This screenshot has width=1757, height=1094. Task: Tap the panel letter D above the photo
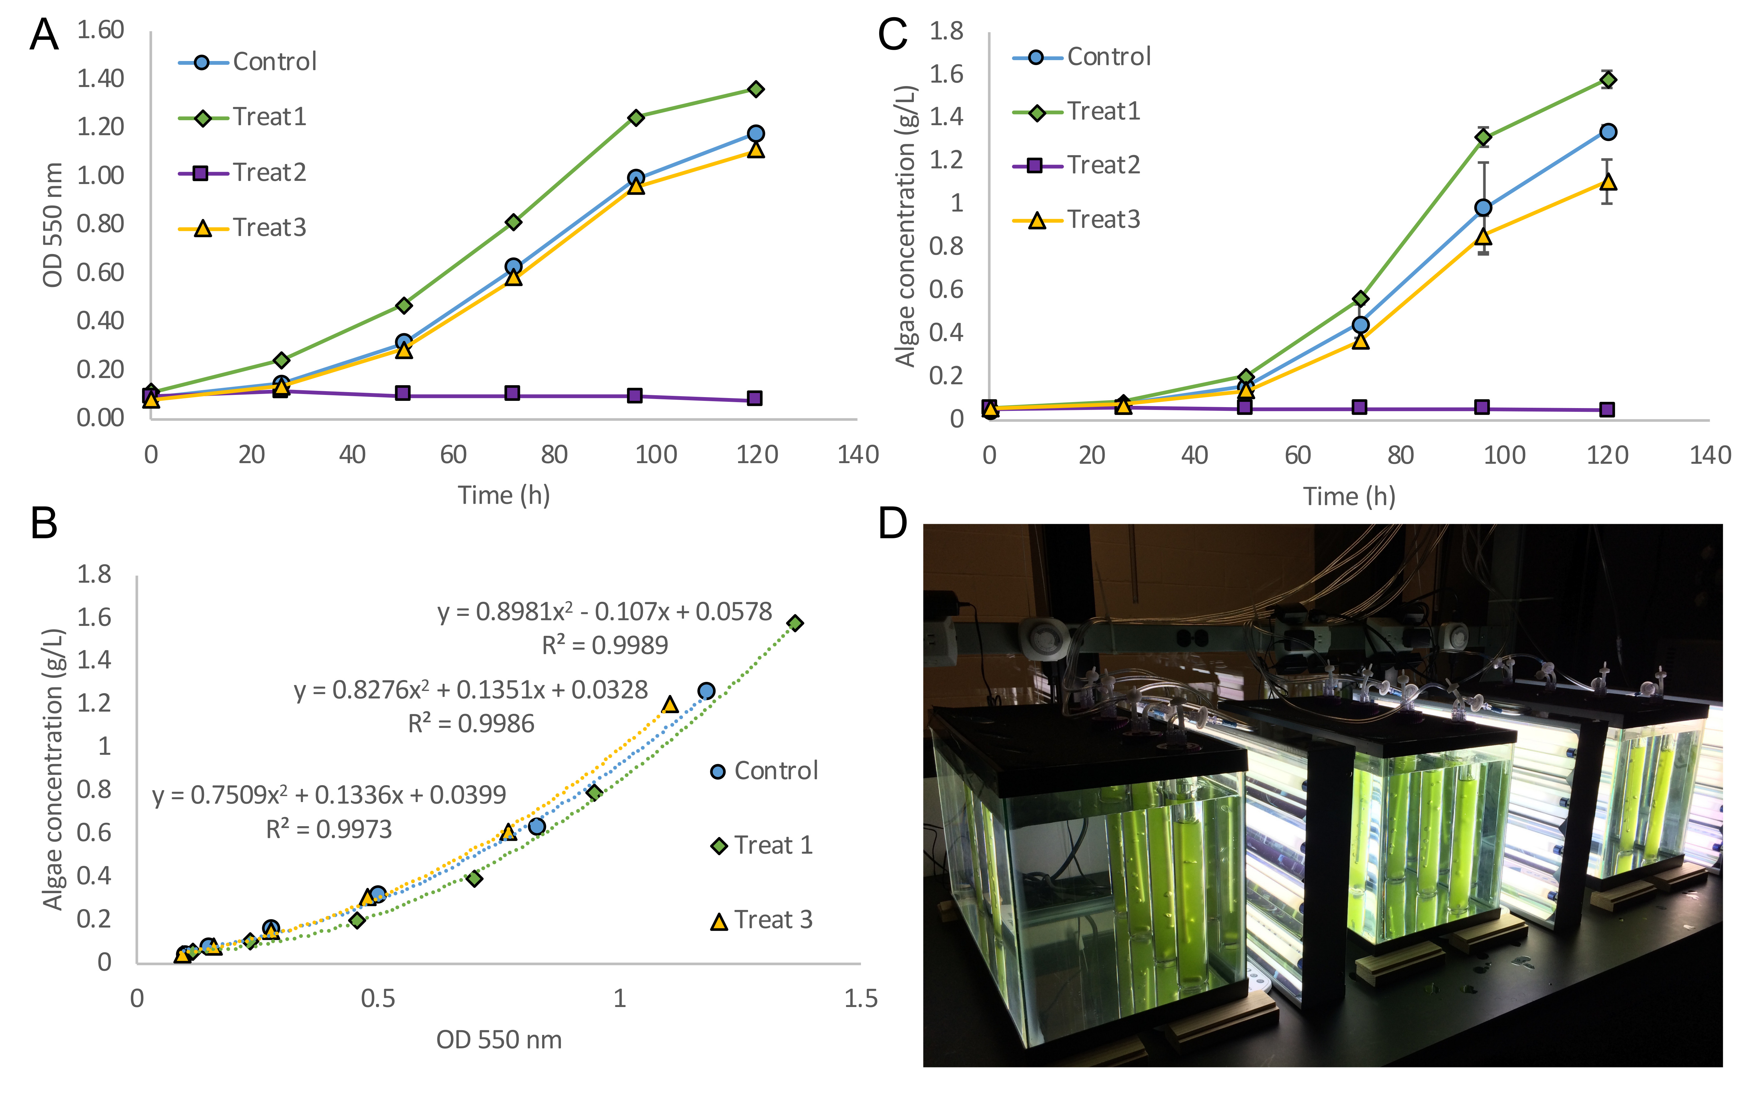point(893,522)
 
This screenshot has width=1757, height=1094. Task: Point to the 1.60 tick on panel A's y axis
point(100,30)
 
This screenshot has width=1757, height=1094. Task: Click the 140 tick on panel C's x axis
point(1710,455)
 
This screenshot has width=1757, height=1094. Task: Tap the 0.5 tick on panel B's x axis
point(378,999)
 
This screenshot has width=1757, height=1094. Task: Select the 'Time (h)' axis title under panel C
point(1349,496)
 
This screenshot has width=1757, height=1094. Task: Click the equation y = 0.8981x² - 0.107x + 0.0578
point(605,612)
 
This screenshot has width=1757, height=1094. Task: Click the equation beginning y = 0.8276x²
point(470,690)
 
